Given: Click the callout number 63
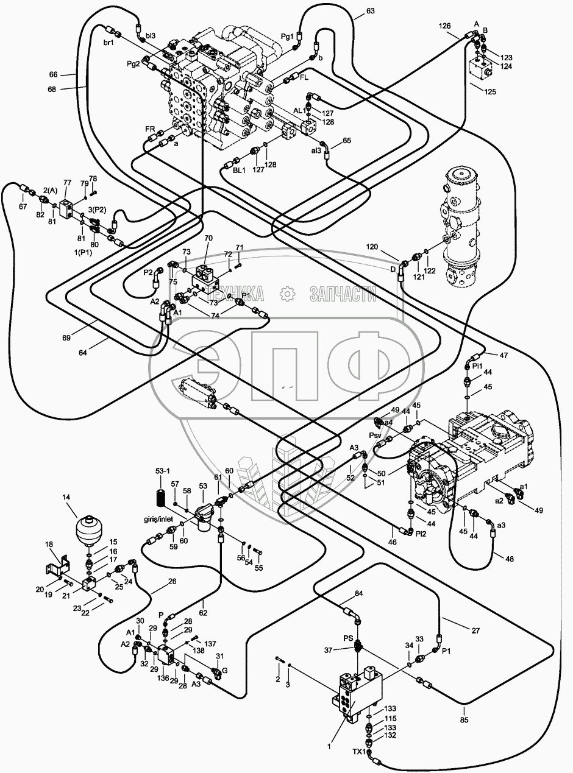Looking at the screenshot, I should tap(371, 10).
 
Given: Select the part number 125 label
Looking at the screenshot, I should tap(490, 91).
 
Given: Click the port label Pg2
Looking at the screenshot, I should tap(133, 63).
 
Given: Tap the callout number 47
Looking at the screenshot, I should tap(504, 355).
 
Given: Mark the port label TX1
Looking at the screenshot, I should tap(359, 752).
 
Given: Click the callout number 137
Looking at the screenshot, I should tap(210, 644).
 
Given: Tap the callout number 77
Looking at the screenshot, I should tap(67, 182).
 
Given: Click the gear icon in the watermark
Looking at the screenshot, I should tap(286, 295).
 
